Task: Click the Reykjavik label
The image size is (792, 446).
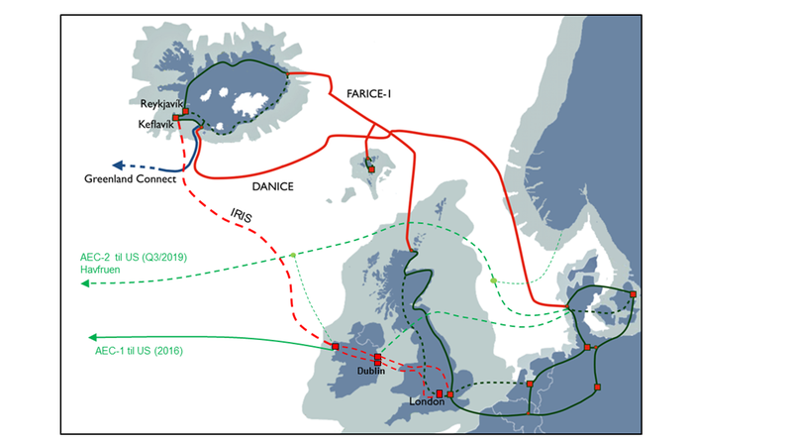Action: (160, 103)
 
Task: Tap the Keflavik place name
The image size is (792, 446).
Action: (155, 123)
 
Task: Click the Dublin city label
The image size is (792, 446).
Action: (374, 371)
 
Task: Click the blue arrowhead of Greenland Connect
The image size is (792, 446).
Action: (115, 166)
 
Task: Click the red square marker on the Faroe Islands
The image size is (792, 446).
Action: (371, 169)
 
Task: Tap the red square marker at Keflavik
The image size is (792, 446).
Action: (176, 118)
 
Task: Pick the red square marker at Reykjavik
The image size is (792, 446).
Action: (185, 111)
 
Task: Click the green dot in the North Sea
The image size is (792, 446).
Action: (493, 280)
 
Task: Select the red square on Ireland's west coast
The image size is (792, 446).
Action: (335, 346)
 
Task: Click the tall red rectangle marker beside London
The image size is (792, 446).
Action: (440, 393)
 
